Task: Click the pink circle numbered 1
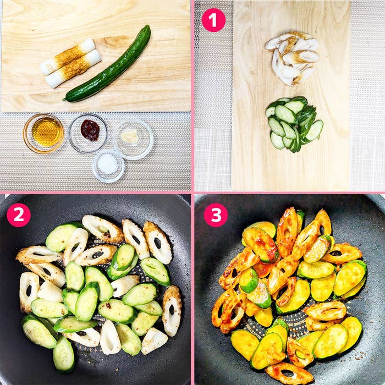click(213, 20)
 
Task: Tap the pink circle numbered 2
click(18, 215)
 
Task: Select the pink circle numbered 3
click(216, 215)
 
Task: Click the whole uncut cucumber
click(108, 64)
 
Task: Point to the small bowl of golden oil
click(43, 133)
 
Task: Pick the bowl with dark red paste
click(88, 134)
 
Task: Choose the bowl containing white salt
click(108, 166)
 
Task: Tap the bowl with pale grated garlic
click(133, 140)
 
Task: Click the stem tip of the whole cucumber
click(64, 100)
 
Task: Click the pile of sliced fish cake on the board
click(292, 58)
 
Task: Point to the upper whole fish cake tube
click(68, 57)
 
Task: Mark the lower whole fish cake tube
click(73, 68)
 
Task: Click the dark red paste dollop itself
click(90, 130)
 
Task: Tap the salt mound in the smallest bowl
click(108, 164)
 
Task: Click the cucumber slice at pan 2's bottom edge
click(64, 354)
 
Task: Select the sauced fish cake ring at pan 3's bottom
click(289, 373)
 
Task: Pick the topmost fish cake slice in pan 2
click(102, 228)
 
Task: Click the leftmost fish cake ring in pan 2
click(29, 291)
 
